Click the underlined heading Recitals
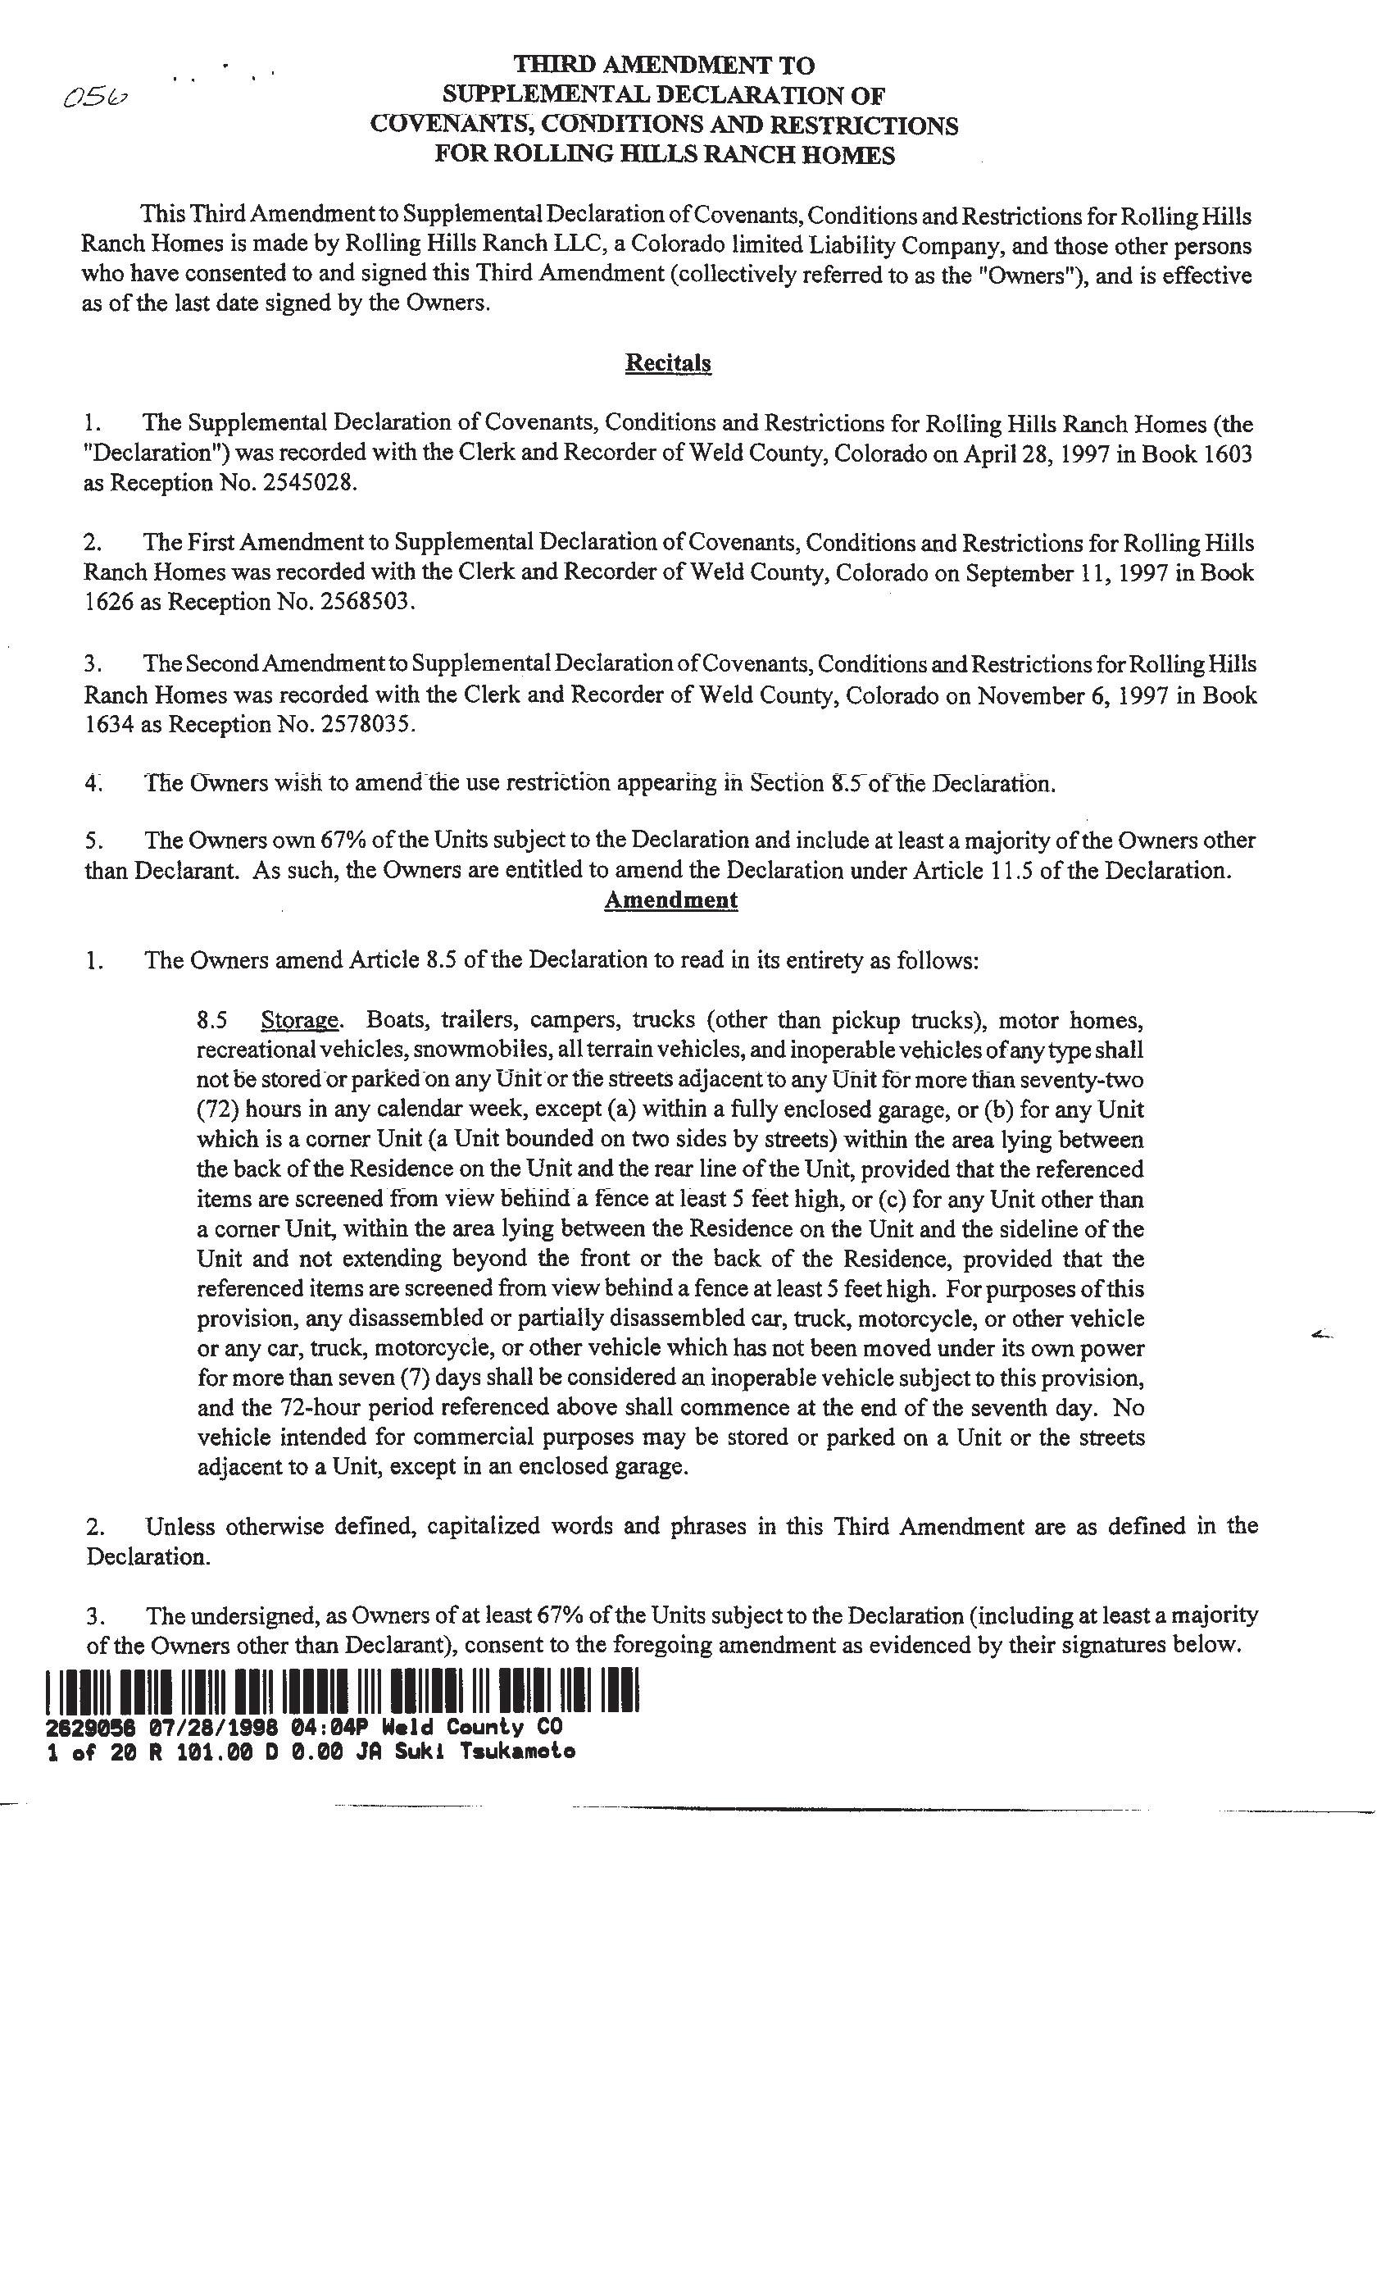(x=668, y=362)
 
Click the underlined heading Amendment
(x=670, y=900)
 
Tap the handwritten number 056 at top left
(x=95, y=98)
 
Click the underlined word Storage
(x=299, y=1019)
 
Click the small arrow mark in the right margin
(x=1321, y=1335)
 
